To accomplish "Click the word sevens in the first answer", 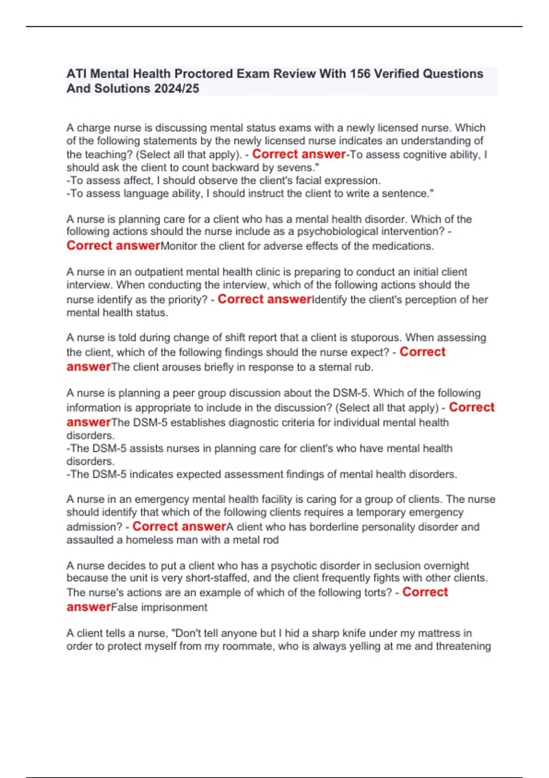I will coord(294,167).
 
